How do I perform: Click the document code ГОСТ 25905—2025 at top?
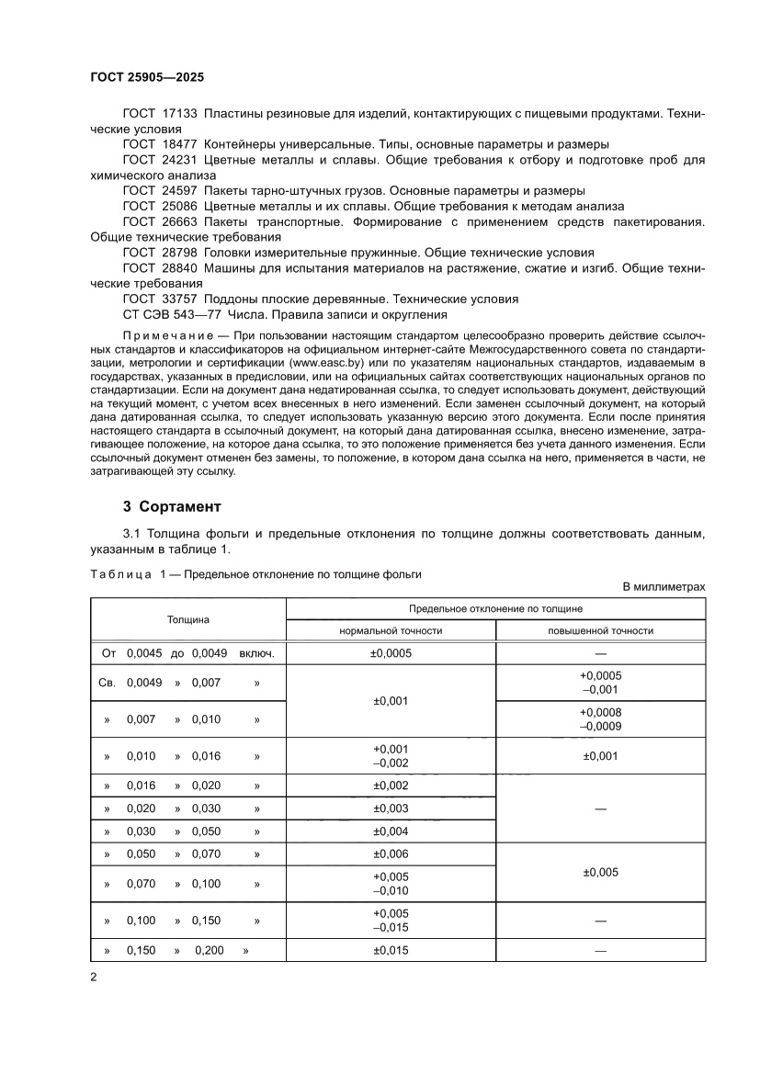[x=153, y=78]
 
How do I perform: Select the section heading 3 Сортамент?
[x=173, y=506]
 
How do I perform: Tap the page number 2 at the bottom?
[x=94, y=977]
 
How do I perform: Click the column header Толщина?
[x=188, y=619]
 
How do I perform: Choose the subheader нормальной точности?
[x=391, y=631]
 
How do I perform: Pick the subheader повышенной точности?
[x=600, y=631]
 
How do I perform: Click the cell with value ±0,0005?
[x=391, y=654]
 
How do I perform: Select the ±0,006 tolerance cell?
[x=391, y=854]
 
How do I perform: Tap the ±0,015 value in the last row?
[x=391, y=950]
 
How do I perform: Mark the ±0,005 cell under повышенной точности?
[x=600, y=872]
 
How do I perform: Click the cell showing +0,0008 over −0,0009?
[x=600, y=718]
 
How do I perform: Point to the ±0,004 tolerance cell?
[x=391, y=831]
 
